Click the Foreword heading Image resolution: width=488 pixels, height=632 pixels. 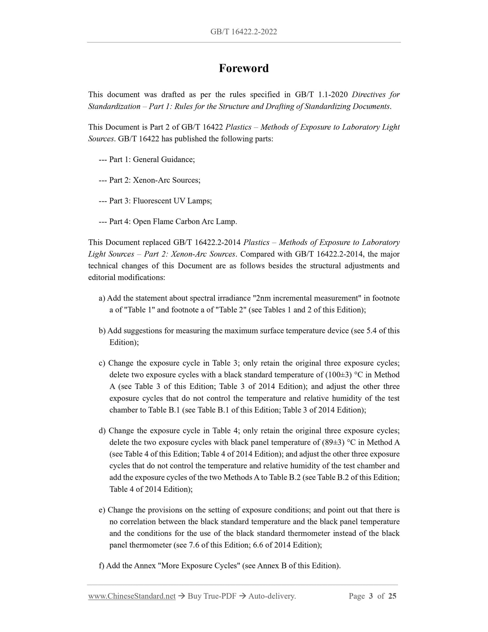(243, 68)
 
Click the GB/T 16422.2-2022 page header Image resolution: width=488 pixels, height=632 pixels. (243, 32)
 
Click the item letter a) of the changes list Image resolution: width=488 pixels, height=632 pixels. (102, 298)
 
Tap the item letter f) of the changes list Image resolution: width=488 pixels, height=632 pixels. (102, 565)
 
